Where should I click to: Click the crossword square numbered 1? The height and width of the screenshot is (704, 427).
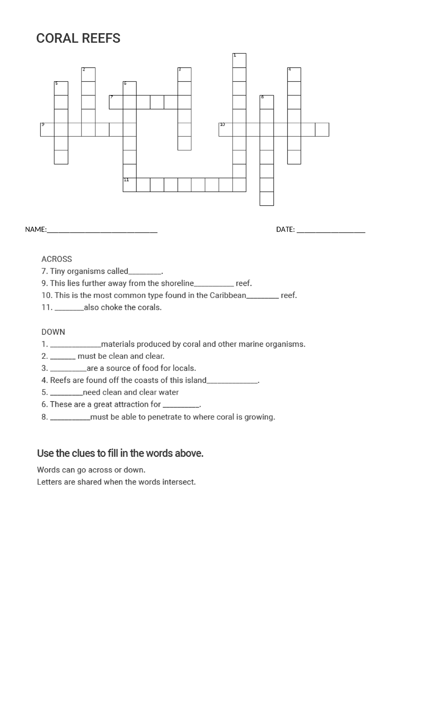click(239, 61)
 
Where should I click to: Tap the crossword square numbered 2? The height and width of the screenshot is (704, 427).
click(88, 74)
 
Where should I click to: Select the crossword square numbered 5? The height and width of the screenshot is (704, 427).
click(61, 88)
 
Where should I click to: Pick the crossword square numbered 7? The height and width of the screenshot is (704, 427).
click(116, 102)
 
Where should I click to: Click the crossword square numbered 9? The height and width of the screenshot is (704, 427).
click(47, 130)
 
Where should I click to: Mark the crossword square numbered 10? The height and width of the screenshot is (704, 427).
click(226, 130)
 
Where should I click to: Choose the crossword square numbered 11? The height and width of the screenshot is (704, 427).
click(130, 185)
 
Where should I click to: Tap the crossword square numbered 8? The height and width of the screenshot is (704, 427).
click(267, 102)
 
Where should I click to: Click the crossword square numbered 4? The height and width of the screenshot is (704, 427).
click(294, 74)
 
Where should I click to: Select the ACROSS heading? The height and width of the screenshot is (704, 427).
click(57, 259)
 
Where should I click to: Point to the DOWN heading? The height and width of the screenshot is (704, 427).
click(53, 332)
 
